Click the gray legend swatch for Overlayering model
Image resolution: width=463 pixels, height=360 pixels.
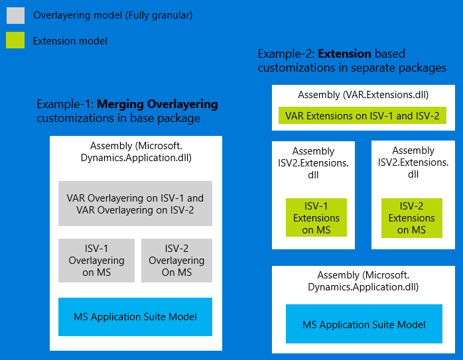(x=16, y=15)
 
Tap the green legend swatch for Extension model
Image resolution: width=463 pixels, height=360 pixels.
(x=16, y=40)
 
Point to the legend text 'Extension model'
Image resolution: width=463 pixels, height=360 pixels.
(x=70, y=41)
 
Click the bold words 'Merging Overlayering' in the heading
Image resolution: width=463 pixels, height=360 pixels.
(x=157, y=104)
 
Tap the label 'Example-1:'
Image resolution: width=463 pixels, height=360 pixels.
(x=65, y=104)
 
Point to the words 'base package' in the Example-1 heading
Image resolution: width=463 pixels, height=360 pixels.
(x=167, y=118)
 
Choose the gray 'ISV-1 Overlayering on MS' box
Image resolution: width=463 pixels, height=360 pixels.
(x=96, y=260)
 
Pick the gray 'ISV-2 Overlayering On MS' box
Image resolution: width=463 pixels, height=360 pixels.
(x=176, y=260)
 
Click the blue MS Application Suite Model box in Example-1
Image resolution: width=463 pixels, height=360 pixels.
(x=135, y=317)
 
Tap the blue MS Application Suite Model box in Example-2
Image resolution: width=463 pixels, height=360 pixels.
(x=364, y=324)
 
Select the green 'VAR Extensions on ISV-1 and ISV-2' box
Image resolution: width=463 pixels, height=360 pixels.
(x=362, y=116)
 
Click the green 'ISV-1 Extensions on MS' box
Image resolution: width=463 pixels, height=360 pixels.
(x=316, y=217)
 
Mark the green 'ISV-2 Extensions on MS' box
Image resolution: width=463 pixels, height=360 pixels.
(x=412, y=217)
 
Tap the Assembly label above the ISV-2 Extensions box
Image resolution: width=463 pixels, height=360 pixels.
(x=413, y=162)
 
